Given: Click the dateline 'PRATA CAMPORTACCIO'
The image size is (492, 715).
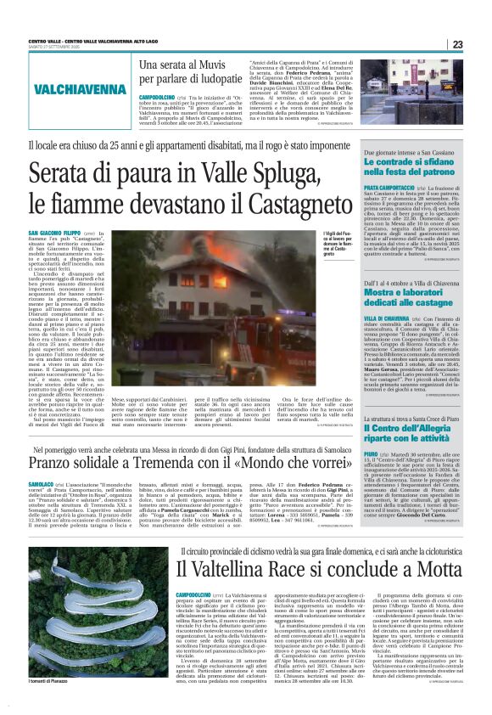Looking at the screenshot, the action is (388, 186).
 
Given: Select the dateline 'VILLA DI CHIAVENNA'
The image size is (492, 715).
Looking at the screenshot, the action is (387, 318).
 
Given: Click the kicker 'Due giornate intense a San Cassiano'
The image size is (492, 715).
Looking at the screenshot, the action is (409, 153).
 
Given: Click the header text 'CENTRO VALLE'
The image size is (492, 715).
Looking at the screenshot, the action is (48, 40).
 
